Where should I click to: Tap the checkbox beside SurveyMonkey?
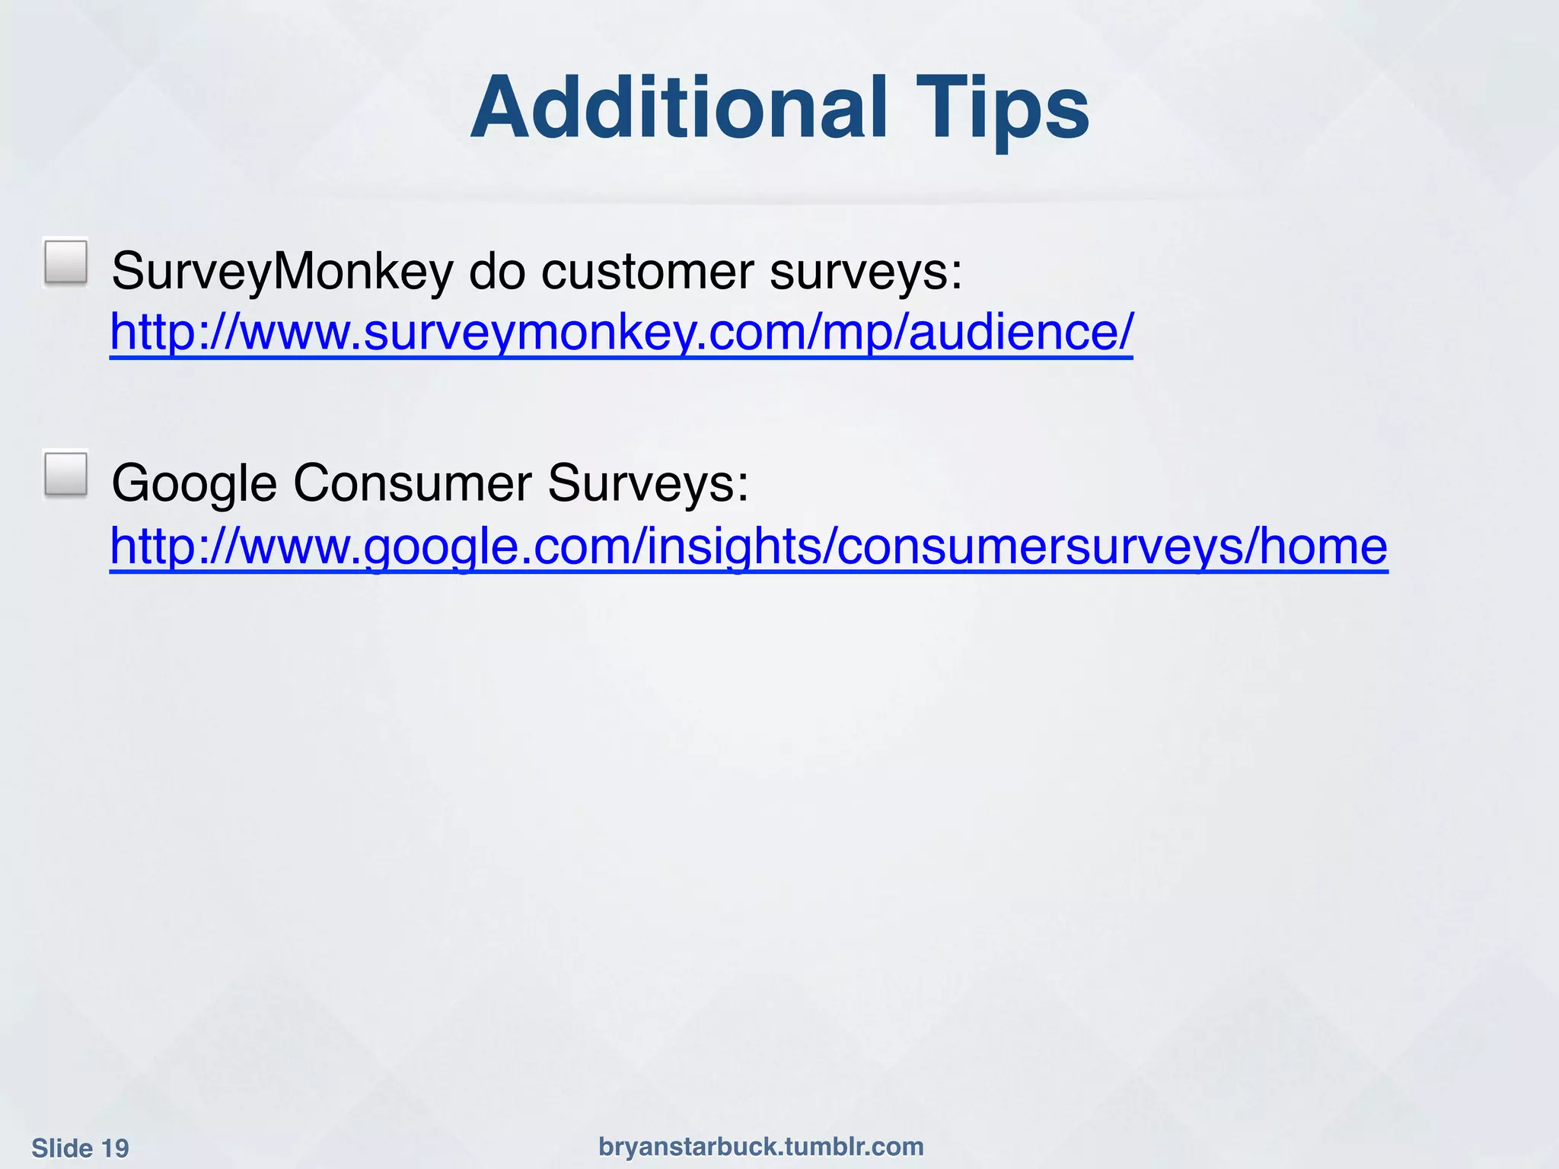66,263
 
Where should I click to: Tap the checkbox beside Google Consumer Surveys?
66,474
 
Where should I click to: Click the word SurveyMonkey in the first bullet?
282,272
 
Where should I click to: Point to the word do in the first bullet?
497,272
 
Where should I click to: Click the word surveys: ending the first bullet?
866,272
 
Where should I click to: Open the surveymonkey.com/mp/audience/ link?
621,333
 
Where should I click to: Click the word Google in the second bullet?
194,483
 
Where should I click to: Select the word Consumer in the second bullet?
412,483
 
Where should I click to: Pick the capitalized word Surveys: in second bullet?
648,483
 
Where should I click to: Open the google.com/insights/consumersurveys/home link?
749,546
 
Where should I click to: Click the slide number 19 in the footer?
115,1148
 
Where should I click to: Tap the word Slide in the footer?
62,1148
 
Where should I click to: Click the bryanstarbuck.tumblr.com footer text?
761,1146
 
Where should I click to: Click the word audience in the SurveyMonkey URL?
1013,333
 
